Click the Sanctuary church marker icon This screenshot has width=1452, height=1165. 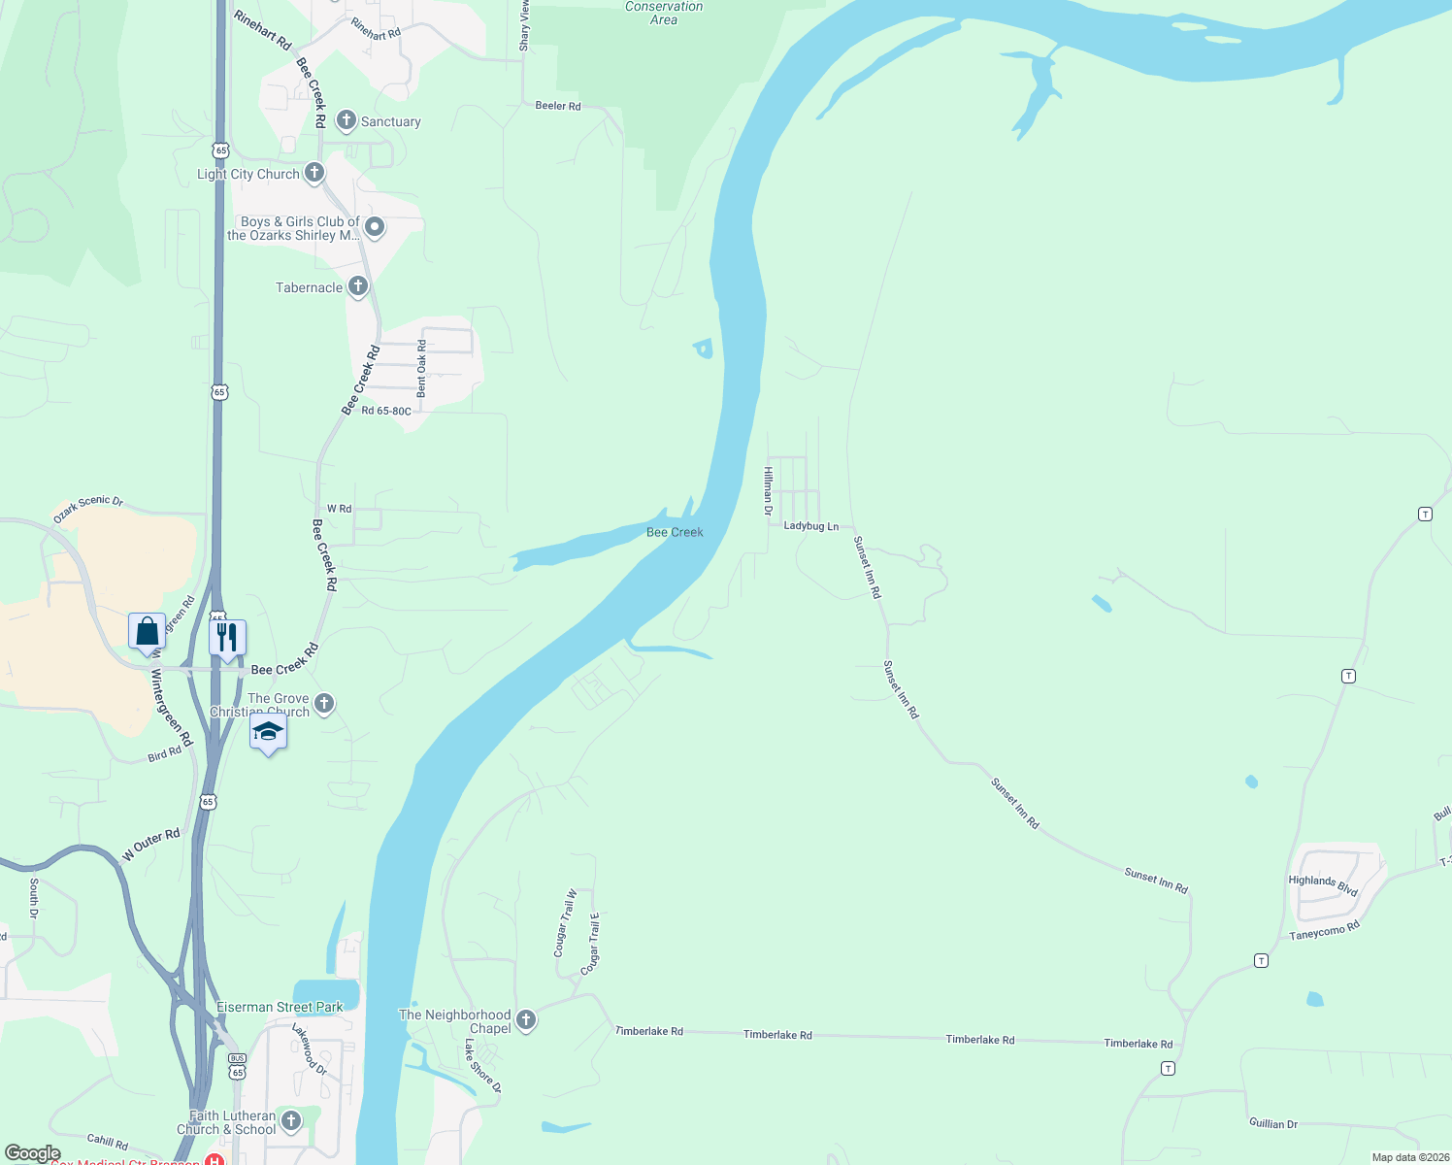346,120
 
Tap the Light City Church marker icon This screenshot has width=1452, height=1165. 313,173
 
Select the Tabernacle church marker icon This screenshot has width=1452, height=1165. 358,285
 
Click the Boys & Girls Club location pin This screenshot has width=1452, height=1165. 375,227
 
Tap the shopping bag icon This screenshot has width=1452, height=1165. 147,631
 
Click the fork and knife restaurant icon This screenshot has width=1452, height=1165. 227,637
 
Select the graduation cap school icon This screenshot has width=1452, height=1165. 268,731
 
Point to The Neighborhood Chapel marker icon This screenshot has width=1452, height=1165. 526,1019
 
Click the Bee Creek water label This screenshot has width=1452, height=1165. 675,532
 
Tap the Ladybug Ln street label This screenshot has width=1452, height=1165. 810,526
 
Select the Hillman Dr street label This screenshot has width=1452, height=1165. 768,490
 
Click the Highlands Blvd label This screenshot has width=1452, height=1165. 1322,885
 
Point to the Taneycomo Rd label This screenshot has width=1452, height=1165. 1324,931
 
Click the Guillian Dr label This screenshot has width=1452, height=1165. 1272,1123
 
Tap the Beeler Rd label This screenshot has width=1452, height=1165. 558,106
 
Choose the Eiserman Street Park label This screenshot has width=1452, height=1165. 280,1007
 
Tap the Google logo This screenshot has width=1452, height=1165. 32,1153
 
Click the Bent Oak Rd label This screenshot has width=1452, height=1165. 421,368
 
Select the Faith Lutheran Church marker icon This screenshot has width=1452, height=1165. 290,1120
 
